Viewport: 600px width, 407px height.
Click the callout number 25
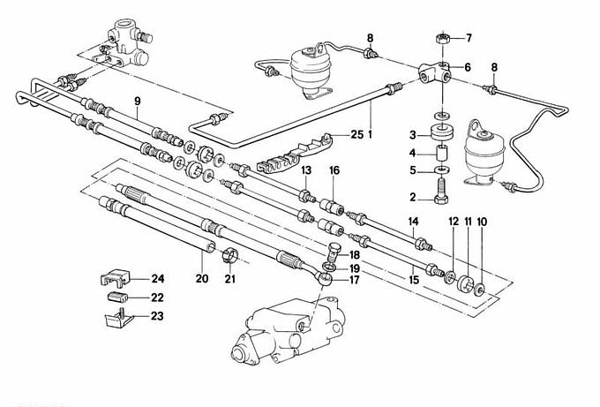[356, 134]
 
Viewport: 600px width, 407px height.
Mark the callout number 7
[469, 38]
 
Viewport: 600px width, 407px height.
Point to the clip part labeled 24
[113, 278]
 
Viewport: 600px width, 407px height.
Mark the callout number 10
[480, 222]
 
